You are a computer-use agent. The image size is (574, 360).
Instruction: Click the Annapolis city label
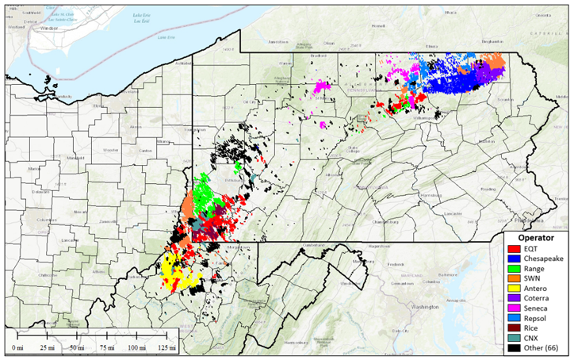454,299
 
